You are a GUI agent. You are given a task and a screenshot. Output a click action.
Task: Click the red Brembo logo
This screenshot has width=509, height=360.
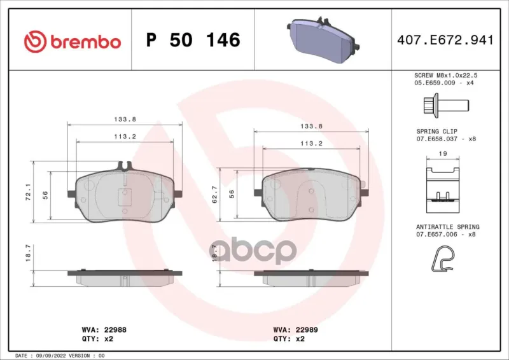73,41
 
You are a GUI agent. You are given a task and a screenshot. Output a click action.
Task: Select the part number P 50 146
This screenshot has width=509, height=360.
193,40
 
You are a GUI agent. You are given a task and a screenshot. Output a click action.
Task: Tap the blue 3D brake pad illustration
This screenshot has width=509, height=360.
323,39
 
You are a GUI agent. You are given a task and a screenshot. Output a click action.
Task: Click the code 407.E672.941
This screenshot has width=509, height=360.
445,40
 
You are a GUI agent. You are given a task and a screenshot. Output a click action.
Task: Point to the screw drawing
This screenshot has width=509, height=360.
446,105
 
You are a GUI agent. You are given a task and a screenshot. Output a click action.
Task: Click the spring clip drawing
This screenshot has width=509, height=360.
443,190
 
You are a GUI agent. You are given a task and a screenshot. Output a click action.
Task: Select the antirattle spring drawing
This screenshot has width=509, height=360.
443,259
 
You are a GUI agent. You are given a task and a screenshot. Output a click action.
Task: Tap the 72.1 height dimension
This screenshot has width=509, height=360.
28,192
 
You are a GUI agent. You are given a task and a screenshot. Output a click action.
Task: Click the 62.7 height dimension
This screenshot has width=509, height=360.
215,195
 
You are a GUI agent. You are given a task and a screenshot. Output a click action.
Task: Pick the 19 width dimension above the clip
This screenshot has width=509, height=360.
443,154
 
